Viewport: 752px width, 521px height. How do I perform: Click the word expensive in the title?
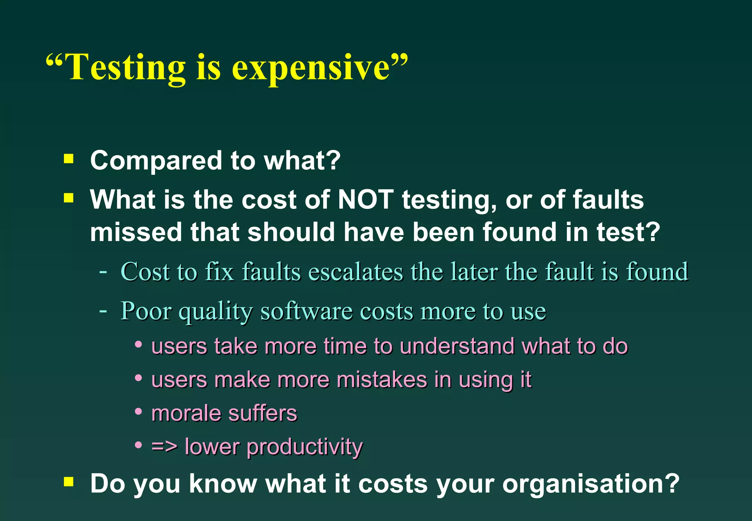pyautogui.click(x=310, y=68)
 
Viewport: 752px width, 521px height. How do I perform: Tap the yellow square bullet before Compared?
pyautogui.click(x=69, y=159)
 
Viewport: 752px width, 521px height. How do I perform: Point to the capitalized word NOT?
pyautogui.click(x=366, y=200)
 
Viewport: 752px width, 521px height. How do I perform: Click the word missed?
pyautogui.click(x=136, y=232)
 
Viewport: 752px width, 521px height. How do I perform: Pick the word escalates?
pyautogui.click(x=355, y=272)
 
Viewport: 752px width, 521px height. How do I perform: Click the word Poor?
pyautogui.click(x=146, y=311)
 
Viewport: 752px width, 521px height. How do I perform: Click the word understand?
pyautogui.click(x=457, y=346)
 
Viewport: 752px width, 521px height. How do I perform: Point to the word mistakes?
pyautogui.click(x=382, y=380)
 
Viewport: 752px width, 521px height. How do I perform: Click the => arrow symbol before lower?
pyautogui.click(x=164, y=446)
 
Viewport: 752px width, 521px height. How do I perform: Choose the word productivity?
pyautogui.click(x=305, y=447)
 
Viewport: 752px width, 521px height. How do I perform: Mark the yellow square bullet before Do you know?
pyautogui.click(x=69, y=481)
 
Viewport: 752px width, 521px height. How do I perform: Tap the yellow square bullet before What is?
pyautogui.click(x=69, y=198)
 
